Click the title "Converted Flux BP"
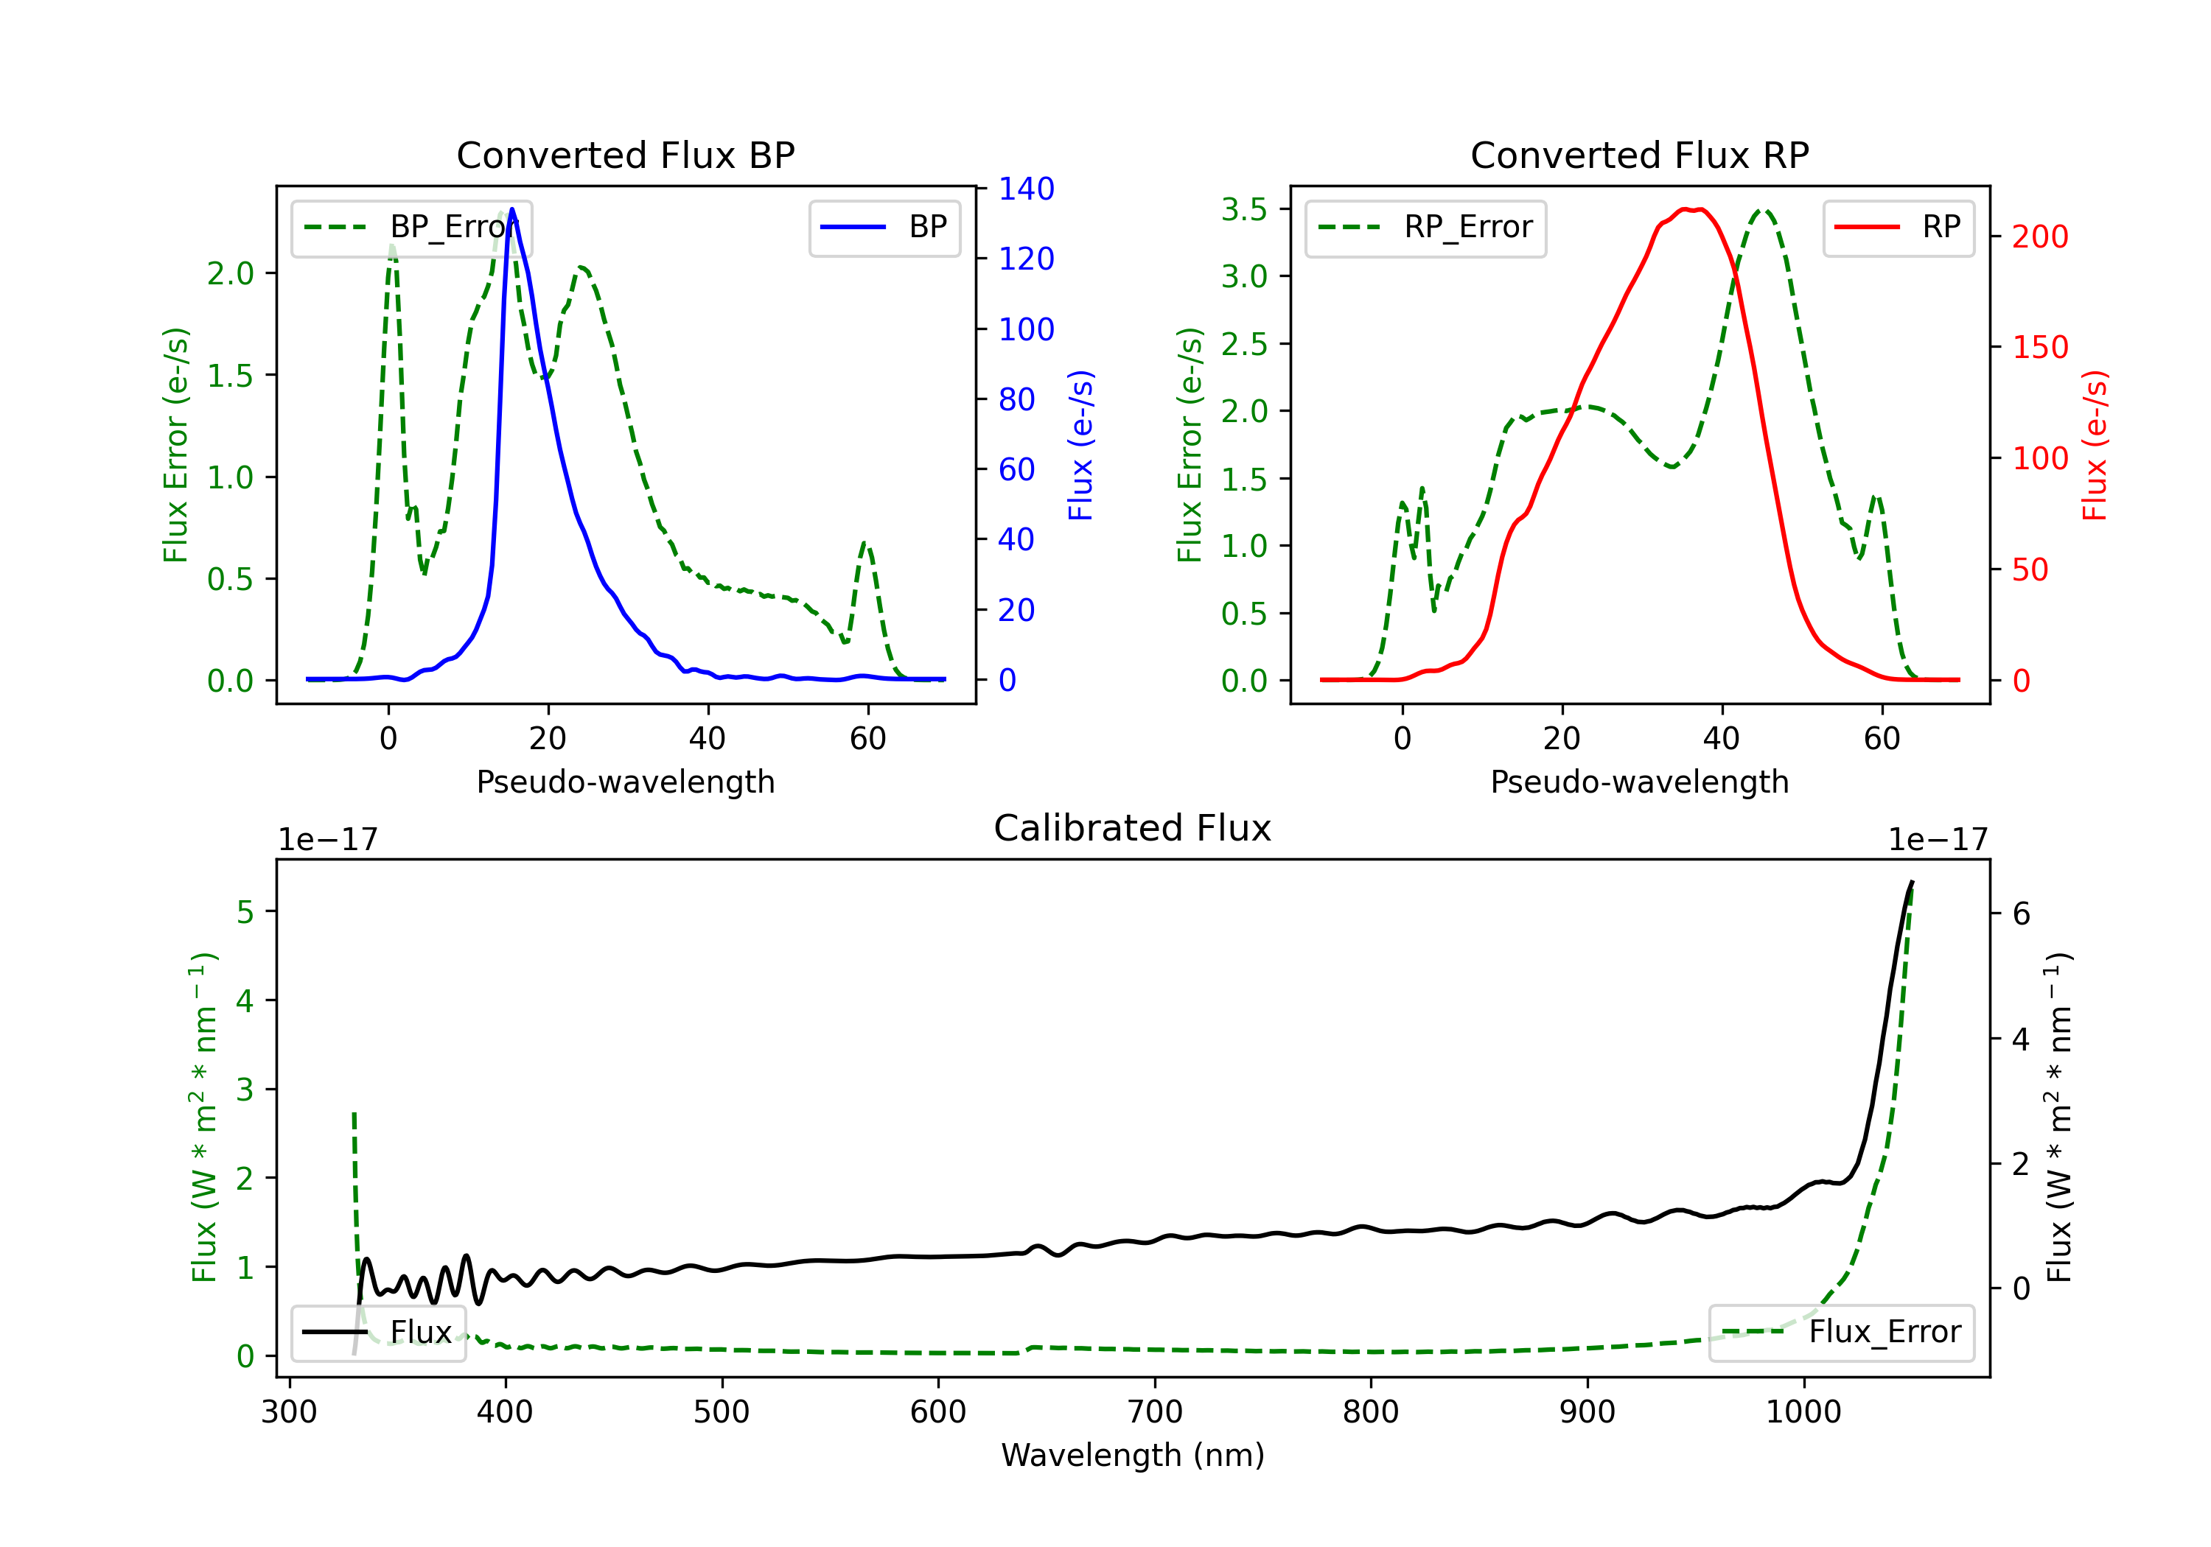pos(625,155)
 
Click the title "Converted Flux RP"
pos(1639,155)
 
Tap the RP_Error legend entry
pos(1425,227)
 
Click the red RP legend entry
pos(1898,227)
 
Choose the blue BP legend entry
pos(884,227)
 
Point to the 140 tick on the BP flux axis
pos(1026,189)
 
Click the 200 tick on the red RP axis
pos(2039,236)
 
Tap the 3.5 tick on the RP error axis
pos(1244,209)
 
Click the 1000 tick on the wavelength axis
pos(1803,1411)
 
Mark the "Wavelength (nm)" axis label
pos(1133,1455)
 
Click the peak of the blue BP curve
pos(512,209)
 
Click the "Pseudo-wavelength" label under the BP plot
pos(625,782)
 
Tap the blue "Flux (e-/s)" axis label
pos(1080,445)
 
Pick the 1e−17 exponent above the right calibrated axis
pos(1938,840)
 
